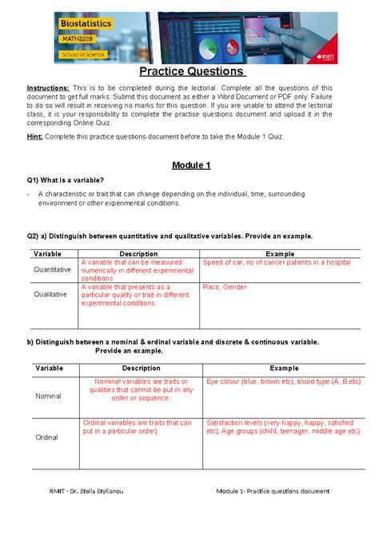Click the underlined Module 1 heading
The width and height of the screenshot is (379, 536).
point(191,165)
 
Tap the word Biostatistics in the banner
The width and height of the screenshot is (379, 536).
point(87,26)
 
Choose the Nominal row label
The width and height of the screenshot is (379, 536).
point(48,396)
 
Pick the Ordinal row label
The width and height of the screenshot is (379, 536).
point(48,437)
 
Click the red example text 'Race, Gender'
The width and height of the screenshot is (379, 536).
point(225,287)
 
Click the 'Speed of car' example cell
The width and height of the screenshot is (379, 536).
point(277,262)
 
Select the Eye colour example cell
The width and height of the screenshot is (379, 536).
point(283,382)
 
